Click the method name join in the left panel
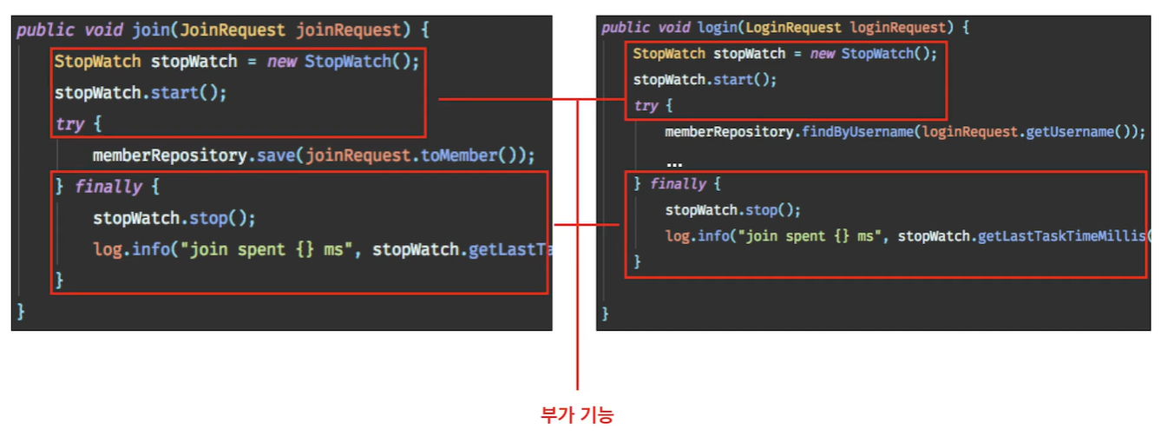pos(151,30)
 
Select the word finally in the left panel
pos(108,187)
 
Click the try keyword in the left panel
pos(69,124)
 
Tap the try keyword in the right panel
pos(646,106)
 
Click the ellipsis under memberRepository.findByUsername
pos(674,162)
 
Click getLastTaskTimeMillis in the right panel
pos(1062,236)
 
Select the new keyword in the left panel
pos(281,62)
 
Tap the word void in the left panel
pos(103,30)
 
